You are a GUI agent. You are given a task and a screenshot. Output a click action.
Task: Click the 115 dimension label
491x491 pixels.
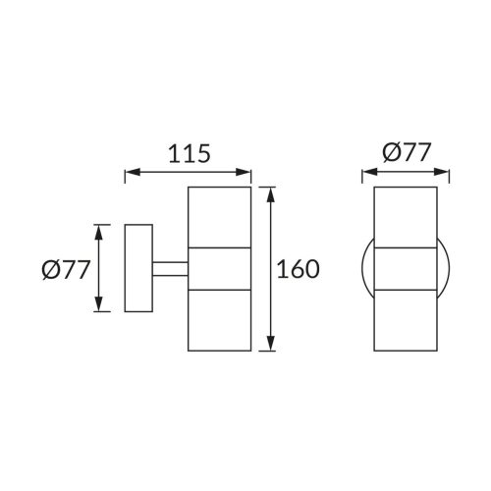[x=190, y=154]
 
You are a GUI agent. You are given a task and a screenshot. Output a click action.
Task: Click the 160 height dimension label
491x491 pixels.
[x=298, y=269]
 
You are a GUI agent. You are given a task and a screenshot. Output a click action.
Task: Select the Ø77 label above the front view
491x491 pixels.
[x=406, y=152]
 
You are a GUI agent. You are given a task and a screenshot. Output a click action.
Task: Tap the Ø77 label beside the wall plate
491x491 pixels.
[x=66, y=270]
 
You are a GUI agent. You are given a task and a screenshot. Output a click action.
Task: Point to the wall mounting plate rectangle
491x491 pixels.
[x=138, y=268]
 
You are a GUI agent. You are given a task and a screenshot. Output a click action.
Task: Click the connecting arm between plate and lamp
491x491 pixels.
[x=170, y=269]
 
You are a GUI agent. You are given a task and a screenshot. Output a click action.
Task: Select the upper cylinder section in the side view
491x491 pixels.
[x=220, y=217]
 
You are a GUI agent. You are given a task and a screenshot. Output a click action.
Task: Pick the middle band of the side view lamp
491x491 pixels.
[x=220, y=269]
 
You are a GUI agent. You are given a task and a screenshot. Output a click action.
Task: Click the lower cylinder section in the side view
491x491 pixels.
[x=220, y=320]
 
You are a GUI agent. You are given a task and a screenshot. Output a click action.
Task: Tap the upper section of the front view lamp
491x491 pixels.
[x=406, y=217]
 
